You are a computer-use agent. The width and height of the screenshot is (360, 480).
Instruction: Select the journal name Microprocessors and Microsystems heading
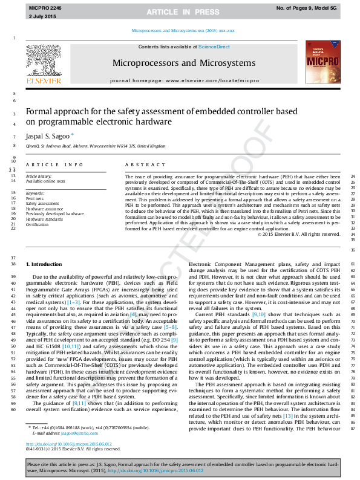pos(180,63)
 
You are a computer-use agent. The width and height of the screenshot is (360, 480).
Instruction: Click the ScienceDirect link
pos(214,47)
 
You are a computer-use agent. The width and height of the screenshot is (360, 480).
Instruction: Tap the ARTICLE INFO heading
pos(54,164)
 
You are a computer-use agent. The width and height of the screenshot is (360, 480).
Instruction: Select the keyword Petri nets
pos(34,198)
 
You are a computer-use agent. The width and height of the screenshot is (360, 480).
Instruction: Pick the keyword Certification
pos(38,224)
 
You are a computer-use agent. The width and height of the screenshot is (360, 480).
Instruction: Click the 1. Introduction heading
pos(44,265)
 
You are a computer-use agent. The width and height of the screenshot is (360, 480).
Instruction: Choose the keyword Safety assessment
pos(42,204)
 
